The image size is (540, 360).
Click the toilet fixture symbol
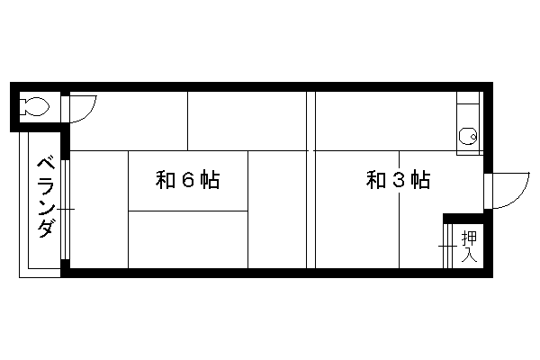click(33, 107)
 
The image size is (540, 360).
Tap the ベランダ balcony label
click(47, 197)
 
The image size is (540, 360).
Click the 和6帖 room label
click(188, 179)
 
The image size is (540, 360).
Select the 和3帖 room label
click(398, 179)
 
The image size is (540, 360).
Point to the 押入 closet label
click(469, 246)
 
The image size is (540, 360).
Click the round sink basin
click(468, 136)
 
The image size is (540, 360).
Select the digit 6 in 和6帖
click(188, 179)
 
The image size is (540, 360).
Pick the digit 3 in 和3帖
click(399, 179)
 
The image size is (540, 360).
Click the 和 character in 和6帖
click(166, 179)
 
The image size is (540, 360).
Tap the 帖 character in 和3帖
click(420, 179)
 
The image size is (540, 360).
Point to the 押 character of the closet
click(469, 238)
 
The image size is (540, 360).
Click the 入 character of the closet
click(469, 255)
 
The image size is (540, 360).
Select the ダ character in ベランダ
click(47, 228)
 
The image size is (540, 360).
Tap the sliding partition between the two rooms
click(311, 179)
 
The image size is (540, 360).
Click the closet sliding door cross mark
click(447, 246)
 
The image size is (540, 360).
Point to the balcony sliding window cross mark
click(66, 209)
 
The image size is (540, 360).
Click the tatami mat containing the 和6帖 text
click(188, 181)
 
